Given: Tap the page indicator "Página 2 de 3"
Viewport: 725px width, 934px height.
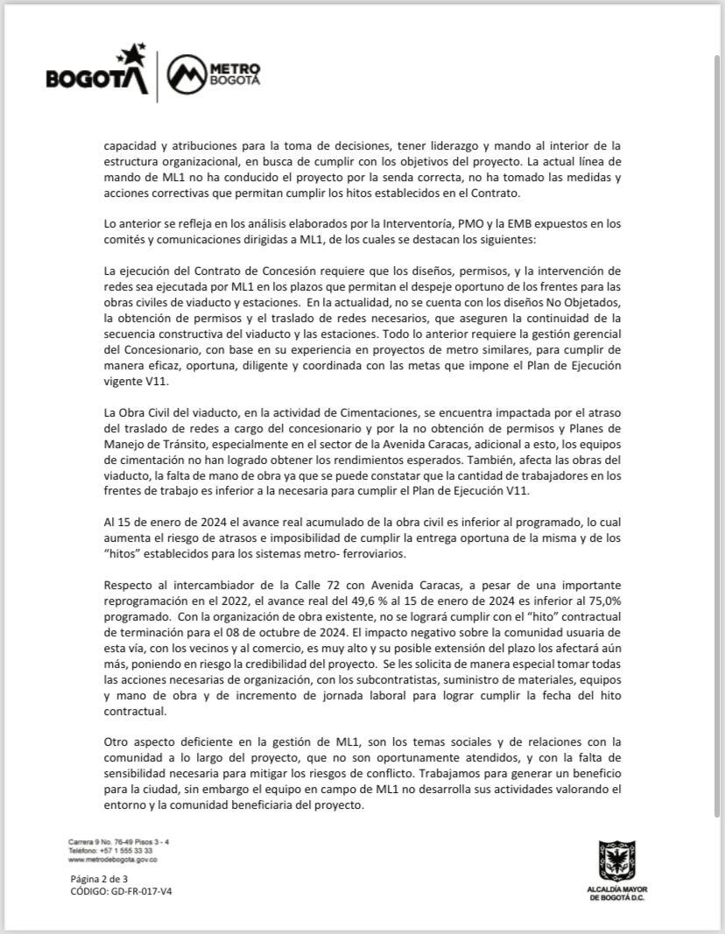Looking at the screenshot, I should pos(99,879).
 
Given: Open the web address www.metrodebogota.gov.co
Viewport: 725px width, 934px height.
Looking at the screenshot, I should pos(112,860).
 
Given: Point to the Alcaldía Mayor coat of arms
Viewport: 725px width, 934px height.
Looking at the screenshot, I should pos(616,860).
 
